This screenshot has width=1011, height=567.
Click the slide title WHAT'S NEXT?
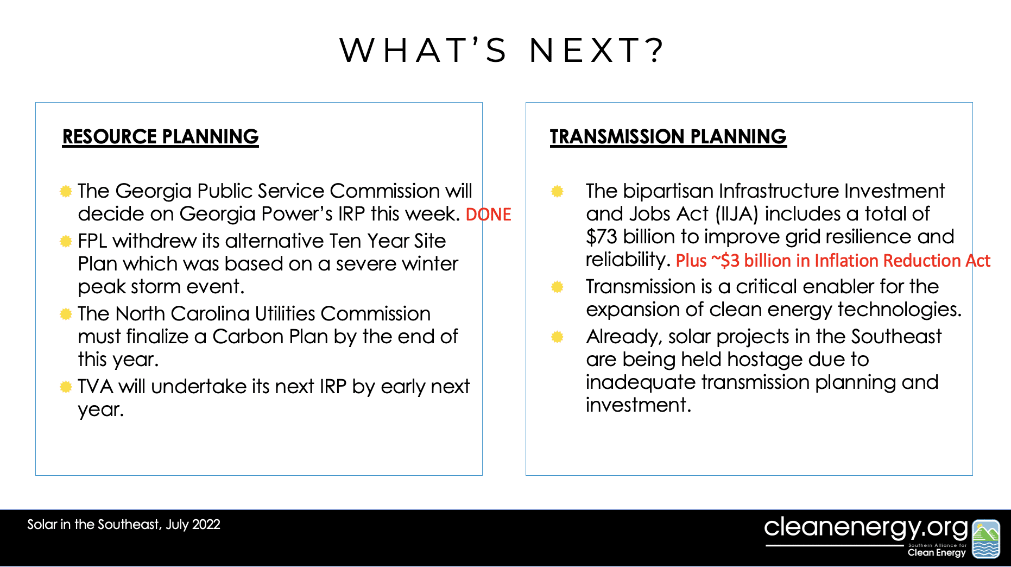[x=502, y=50]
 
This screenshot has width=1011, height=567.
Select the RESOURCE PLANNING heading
[x=161, y=137]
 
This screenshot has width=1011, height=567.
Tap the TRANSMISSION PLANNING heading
[x=668, y=137]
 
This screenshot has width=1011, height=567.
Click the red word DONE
[x=488, y=215]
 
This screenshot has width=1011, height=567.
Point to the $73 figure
[x=602, y=237]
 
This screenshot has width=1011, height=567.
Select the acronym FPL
[x=92, y=241]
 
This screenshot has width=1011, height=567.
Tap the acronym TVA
[x=95, y=386]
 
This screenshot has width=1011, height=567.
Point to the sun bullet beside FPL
[x=66, y=241]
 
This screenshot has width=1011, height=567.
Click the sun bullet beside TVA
[x=66, y=387]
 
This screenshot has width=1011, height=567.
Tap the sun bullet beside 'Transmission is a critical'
[x=557, y=287]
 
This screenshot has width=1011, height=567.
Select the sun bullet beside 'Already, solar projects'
[x=557, y=337]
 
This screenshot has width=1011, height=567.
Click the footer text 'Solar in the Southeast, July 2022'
[x=124, y=525]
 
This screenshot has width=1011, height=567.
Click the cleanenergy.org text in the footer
[x=866, y=527]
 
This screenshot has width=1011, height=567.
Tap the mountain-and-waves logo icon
[x=986, y=539]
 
